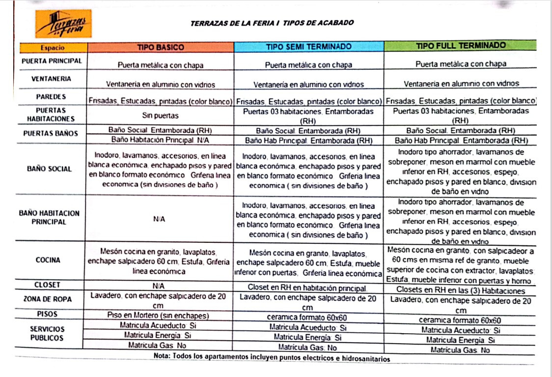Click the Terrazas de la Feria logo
(x=63, y=24)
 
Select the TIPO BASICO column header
(x=160, y=47)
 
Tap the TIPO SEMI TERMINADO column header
(x=308, y=47)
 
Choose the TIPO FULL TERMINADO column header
(x=461, y=46)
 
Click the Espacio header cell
(x=53, y=48)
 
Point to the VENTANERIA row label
(x=52, y=79)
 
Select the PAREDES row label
(x=51, y=97)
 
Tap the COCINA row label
(x=48, y=260)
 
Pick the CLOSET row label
(x=48, y=285)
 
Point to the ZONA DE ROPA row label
(x=48, y=299)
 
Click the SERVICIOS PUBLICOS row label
(x=47, y=333)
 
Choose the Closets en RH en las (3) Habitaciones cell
(x=461, y=290)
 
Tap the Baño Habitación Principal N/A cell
(x=160, y=140)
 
